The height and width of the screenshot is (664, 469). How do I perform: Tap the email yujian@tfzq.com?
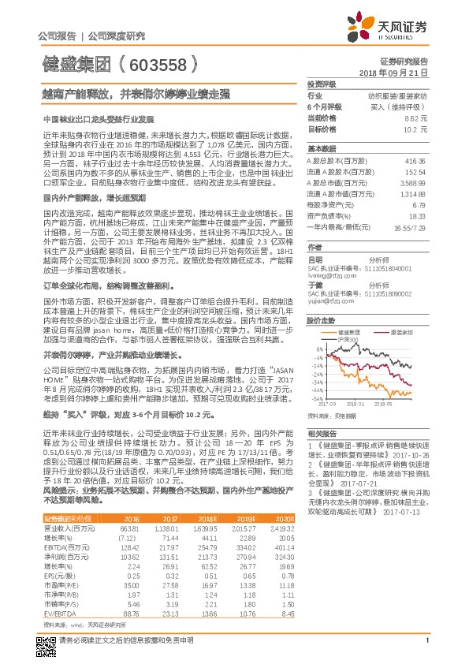click(x=327, y=300)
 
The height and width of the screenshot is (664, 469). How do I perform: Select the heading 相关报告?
click(x=321, y=435)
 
